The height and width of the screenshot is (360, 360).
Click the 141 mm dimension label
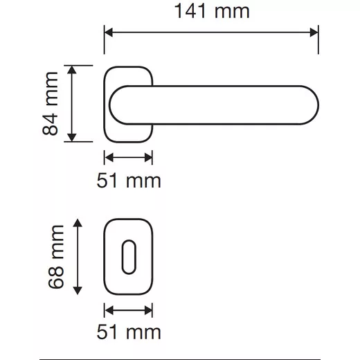pyautogui.click(x=212, y=11)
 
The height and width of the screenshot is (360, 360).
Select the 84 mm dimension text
pyautogui.click(x=50, y=103)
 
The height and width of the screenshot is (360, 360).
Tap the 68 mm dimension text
pyautogui.click(x=56, y=257)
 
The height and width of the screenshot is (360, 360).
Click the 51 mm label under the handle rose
pyautogui.click(x=129, y=181)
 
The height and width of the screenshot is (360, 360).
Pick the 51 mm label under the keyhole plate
pyautogui.click(x=129, y=332)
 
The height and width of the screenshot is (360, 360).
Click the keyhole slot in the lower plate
pyautogui.click(x=129, y=257)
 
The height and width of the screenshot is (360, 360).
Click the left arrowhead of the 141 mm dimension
pyautogui.click(x=109, y=33)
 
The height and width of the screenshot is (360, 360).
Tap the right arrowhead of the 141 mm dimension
pyautogui.click(x=314, y=33)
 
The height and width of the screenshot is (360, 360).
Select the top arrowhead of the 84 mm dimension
pyautogui.click(x=72, y=70)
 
